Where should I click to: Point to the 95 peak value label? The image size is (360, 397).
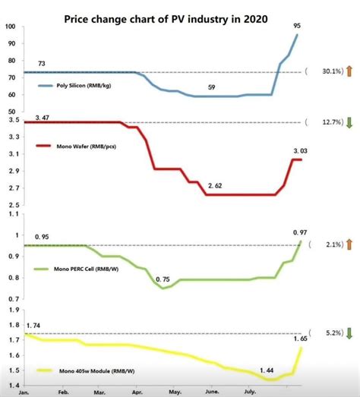click(297, 25)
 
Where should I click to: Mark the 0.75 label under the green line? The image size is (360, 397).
click(163, 280)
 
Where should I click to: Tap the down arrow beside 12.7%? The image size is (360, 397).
click(349, 122)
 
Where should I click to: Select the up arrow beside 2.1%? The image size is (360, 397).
click(349, 245)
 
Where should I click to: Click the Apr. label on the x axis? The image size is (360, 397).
click(137, 392)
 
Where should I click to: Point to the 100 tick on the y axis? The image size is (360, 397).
click(10, 27)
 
